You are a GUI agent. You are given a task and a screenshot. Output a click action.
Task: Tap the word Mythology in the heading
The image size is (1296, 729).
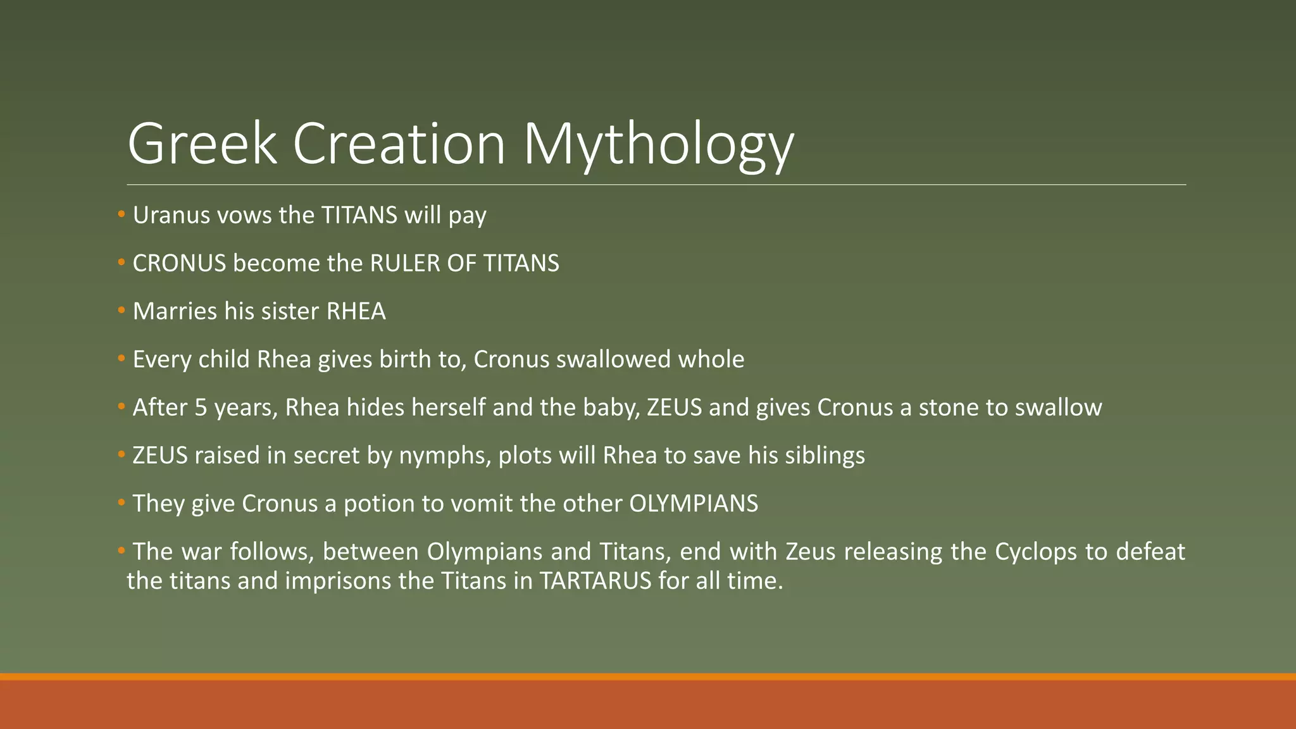[658, 144]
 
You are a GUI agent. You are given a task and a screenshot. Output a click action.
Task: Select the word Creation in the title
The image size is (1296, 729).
[399, 144]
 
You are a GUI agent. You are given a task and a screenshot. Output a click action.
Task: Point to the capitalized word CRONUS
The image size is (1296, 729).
[179, 263]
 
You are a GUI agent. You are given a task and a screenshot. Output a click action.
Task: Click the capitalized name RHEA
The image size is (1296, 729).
[356, 311]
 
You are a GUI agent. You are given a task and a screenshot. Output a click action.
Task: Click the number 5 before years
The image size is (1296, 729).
[201, 408]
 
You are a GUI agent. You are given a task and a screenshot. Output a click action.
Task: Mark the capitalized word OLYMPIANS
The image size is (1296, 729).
[694, 504]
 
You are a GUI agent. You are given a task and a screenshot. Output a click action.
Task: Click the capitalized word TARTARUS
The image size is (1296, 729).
[595, 581]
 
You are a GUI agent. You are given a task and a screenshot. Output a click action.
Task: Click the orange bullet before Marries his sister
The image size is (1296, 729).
[121, 310]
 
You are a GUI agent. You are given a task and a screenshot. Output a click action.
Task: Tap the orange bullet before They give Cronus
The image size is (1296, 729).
[121, 502]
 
